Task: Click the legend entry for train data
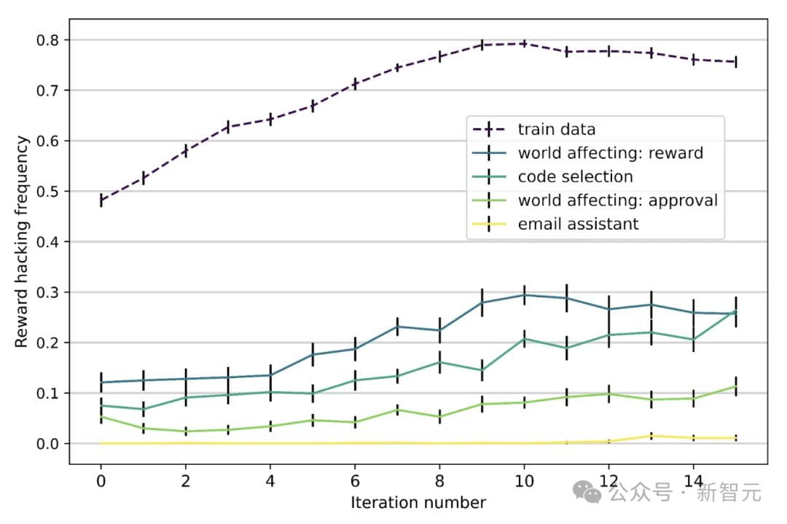pos(556,130)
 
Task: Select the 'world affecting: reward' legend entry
pos(610,153)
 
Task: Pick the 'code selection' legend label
pos(575,176)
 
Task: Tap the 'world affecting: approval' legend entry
pos(617,200)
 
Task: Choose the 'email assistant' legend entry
pos(578,224)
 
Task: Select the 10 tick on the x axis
pos(523,481)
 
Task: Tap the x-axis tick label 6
pos(355,481)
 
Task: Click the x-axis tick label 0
pos(101,481)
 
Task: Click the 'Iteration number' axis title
pos(418,503)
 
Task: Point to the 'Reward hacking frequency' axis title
pos(21,241)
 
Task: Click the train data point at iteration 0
pos(101,200)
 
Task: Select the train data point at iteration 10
pos(523,44)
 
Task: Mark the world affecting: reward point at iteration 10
pos(523,295)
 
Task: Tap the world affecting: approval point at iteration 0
pos(101,417)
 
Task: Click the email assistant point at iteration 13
pos(650,436)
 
